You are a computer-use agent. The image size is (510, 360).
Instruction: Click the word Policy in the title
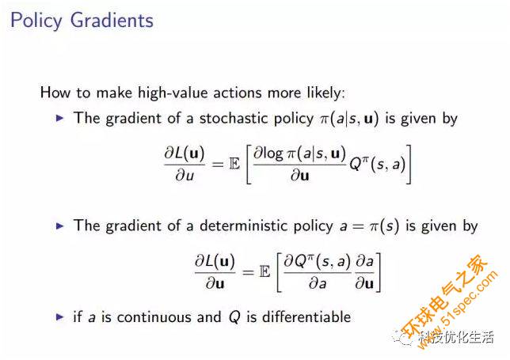coord(36,21)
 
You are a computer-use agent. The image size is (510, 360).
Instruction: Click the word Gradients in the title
coord(112,20)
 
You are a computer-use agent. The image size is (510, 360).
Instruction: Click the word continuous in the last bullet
coord(154,316)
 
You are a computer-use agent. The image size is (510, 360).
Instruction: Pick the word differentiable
coord(306,316)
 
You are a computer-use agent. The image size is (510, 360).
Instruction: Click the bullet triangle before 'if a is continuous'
coord(60,316)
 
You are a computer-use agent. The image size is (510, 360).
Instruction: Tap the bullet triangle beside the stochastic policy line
coord(60,118)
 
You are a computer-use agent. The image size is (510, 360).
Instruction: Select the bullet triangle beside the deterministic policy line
coord(60,225)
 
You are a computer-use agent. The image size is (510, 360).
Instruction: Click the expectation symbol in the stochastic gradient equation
coord(234,164)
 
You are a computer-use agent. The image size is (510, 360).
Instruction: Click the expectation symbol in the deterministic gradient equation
coord(265,271)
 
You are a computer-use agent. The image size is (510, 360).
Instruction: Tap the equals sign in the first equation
coord(218,165)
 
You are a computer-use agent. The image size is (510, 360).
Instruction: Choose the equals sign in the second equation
coord(248,272)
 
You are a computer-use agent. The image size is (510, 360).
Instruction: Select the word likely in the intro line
coord(325,93)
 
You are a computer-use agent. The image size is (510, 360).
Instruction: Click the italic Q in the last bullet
coord(234,317)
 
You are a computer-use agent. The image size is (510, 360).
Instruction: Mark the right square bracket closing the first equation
coord(409,164)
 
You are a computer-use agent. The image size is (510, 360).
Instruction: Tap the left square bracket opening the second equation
coord(280,272)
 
